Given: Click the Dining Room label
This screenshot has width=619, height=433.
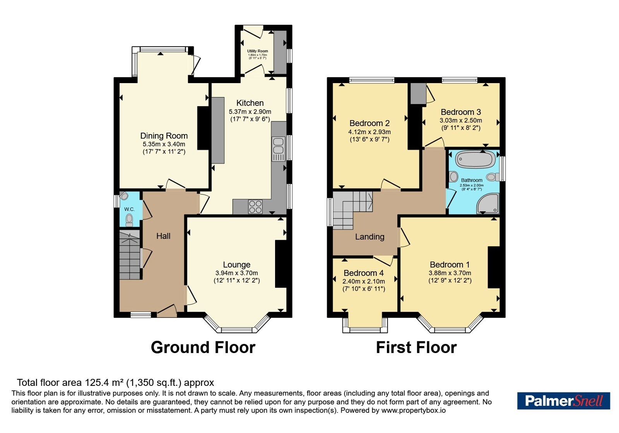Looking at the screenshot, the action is [x=164, y=136].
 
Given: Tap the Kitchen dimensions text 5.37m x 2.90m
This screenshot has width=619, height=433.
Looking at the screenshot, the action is [x=250, y=112].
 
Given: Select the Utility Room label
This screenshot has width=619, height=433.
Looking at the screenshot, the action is [x=258, y=51].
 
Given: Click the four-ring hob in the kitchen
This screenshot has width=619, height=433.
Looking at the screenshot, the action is [x=255, y=207].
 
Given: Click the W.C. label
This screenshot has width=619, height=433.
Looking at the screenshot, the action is [x=129, y=209].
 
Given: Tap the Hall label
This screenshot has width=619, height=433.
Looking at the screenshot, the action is [x=163, y=236].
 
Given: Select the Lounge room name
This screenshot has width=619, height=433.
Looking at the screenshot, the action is [x=236, y=265].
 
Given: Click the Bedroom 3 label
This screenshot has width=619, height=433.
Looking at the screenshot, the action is [x=461, y=112].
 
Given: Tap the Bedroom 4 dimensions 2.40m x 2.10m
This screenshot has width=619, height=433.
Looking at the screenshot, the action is [x=363, y=281].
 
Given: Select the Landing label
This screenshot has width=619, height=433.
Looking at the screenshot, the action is [x=369, y=237].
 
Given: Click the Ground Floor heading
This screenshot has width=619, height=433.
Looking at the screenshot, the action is [x=203, y=348].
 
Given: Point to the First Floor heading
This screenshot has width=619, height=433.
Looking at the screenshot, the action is [x=416, y=348].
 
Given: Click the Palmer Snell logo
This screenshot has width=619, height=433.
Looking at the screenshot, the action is [x=563, y=401].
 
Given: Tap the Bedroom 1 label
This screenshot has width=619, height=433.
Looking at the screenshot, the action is [x=450, y=265].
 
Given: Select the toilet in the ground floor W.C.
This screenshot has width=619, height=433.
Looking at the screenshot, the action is [x=129, y=220].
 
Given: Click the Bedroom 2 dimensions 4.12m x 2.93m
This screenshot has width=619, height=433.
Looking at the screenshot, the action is [x=369, y=132].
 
